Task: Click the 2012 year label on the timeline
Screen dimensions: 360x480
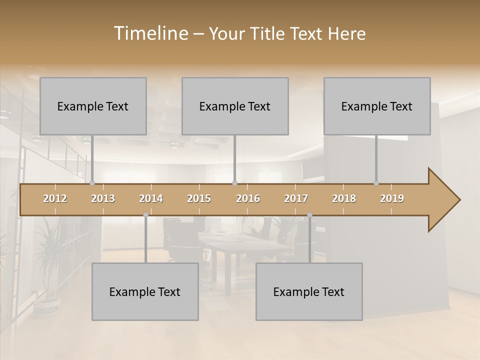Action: coord(55,198)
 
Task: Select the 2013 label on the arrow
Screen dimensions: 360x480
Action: coord(103,198)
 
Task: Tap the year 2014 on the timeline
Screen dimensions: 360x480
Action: coord(151,198)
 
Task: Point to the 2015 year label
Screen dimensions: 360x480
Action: coord(199,198)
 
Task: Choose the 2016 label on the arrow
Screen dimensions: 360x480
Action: coord(248,198)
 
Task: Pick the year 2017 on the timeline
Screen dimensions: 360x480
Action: coord(296,198)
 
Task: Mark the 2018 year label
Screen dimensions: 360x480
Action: coord(344,198)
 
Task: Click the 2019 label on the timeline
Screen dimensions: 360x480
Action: coord(392,198)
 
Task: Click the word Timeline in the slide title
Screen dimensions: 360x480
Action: coord(149,33)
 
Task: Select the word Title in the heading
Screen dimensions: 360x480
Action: coord(270,34)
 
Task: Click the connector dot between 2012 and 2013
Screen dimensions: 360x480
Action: coord(92,183)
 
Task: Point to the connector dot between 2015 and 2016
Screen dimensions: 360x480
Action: coord(234,183)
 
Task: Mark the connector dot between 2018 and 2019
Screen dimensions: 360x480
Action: coord(376,183)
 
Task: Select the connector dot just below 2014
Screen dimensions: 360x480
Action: coord(145,215)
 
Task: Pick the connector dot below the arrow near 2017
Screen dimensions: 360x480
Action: coord(309,215)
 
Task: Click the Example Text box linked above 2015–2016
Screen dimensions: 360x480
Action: coord(235,106)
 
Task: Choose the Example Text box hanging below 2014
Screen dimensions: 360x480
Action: coord(145,291)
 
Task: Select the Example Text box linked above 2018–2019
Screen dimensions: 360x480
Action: coord(377,106)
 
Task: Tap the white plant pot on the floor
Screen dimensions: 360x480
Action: coord(47,306)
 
